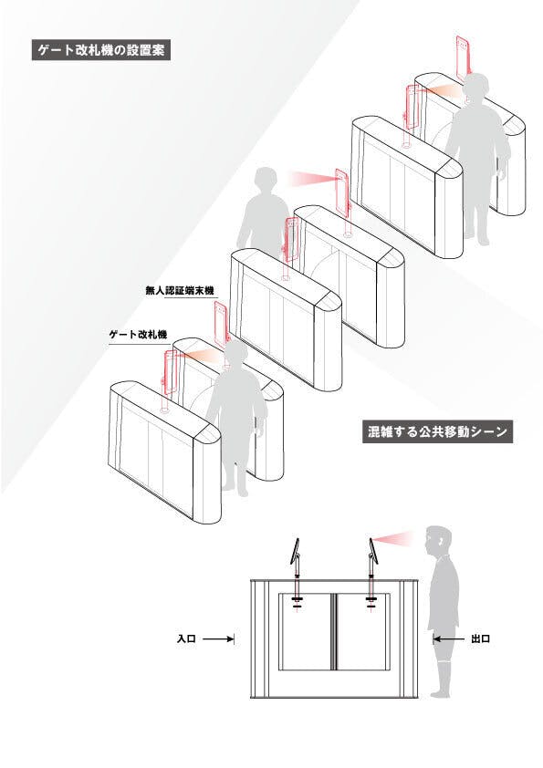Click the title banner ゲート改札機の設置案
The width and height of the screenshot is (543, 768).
pos(101,50)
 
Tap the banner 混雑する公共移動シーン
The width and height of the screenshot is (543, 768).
pos(437,431)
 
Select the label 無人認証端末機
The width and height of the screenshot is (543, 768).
pos(180,290)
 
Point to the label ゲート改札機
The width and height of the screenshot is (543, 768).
pos(138,335)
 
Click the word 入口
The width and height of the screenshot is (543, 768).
pos(186,638)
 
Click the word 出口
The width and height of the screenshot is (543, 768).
pos(480,638)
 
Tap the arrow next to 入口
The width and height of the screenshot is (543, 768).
pos(218,638)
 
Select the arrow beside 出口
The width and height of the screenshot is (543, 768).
pos(449,638)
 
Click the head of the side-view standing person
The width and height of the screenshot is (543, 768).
pos(438,541)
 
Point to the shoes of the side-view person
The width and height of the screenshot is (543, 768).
pos(440,692)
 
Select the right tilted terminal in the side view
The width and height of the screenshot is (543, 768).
pos(373,551)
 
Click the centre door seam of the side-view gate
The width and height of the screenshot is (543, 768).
pos(334,632)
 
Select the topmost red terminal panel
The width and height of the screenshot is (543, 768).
pos(463,57)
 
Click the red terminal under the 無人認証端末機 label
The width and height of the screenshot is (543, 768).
pos(221,324)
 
